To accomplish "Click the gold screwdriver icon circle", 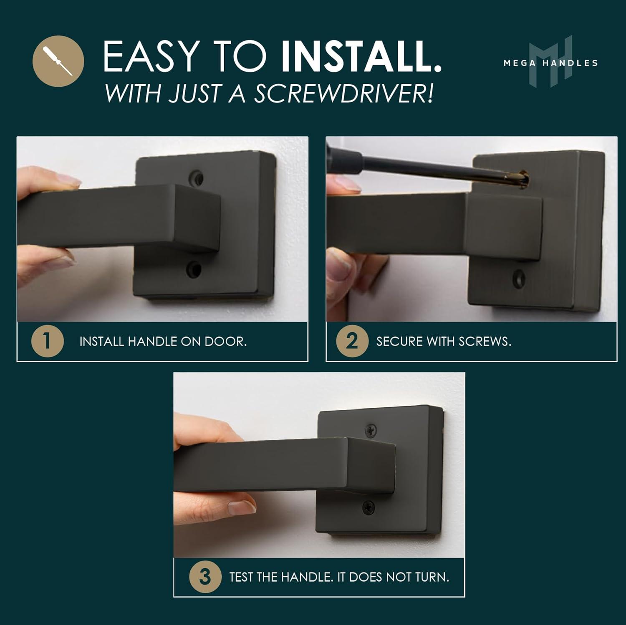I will (58, 61).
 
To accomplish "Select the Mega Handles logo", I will (550, 63).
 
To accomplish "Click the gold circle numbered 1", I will (47, 341).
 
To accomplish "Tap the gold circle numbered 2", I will (352, 341).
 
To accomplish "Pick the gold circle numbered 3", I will (205, 577).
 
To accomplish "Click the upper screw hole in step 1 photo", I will (196, 178).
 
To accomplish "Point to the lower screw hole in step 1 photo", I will (193, 269).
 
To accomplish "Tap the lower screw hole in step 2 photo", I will (519, 278).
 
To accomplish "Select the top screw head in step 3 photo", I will (371, 430).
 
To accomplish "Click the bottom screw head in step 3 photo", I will (368, 507).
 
